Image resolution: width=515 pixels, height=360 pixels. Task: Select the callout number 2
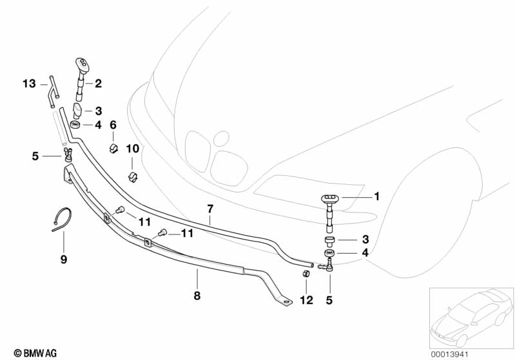[99, 83]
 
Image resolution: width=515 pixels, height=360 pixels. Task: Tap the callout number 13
[29, 84]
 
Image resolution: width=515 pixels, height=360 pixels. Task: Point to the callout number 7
[209, 209]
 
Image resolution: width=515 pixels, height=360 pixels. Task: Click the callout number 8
[197, 296]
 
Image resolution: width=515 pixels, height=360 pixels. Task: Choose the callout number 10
[132, 149]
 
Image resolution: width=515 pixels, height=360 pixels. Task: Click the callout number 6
[112, 125]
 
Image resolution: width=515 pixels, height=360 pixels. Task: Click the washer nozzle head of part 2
[82, 61]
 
